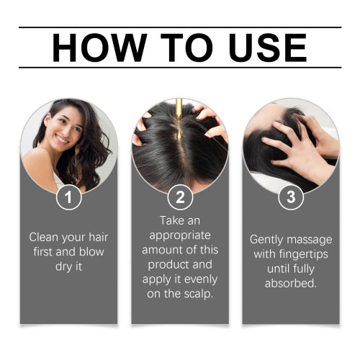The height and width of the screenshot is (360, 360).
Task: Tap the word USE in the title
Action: (x=268, y=48)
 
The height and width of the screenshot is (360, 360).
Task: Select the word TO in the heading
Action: (x=186, y=48)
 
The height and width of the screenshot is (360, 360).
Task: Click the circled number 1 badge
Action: (x=69, y=197)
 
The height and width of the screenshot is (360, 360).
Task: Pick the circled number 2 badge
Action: (x=180, y=197)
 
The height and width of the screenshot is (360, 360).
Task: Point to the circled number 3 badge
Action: (x=291, y=197)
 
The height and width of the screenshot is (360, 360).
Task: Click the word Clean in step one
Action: (x=44, y=237)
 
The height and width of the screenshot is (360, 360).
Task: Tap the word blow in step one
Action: (x=91, y=252)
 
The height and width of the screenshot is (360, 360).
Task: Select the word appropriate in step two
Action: (x=180, y=236)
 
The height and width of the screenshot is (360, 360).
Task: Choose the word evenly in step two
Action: (x=201, y=279)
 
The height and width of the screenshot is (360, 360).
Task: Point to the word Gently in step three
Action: (x=266, y=240)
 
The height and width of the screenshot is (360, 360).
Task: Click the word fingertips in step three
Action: (x=303, y=254)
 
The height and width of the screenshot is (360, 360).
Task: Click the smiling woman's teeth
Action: (x=62, y=140)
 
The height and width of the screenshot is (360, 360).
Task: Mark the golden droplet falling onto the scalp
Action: (x=179, y=135)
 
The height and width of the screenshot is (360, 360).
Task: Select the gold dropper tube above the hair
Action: (x=179, y=110)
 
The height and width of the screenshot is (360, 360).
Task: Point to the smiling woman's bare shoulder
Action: (x=40, y=163)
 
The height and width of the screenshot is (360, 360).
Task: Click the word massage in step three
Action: (x=310, y=240)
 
